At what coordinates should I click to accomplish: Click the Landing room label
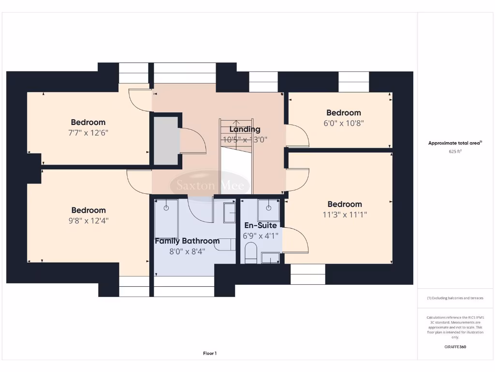coord(245,129)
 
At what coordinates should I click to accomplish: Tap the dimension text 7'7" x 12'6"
coord(88,133)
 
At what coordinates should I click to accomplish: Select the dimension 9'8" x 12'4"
coord(88,221)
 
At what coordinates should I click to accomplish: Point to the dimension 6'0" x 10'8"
coord(344,123)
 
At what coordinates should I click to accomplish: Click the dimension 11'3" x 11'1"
coord(345,215)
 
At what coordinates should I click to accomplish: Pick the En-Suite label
coord(261,225)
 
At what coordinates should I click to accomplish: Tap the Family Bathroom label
coord(187,241)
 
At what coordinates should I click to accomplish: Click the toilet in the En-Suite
coord(250,253)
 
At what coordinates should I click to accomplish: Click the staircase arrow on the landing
coord(236,125)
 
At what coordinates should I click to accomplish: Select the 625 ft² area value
coord(455,152)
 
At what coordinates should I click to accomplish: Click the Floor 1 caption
coord(210,354)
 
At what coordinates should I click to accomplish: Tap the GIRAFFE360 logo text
coord(455,347)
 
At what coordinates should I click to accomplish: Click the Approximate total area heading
coord(455,143)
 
